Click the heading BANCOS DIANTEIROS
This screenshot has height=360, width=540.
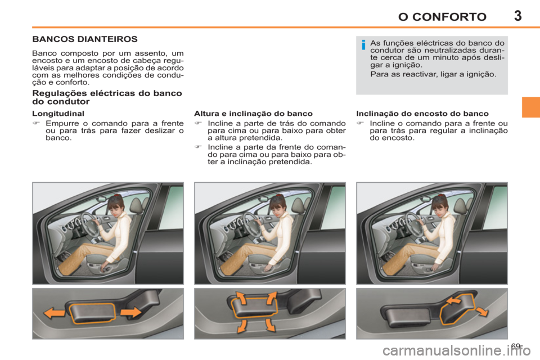click(x=84, y=40)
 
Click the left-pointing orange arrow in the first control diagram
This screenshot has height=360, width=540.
click(x=54, y=313)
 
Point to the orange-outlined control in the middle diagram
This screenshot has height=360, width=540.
click(x=256, y=311)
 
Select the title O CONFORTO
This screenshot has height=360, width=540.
click(x=442, y=16)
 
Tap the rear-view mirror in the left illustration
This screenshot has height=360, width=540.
click(x=101, y=199)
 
